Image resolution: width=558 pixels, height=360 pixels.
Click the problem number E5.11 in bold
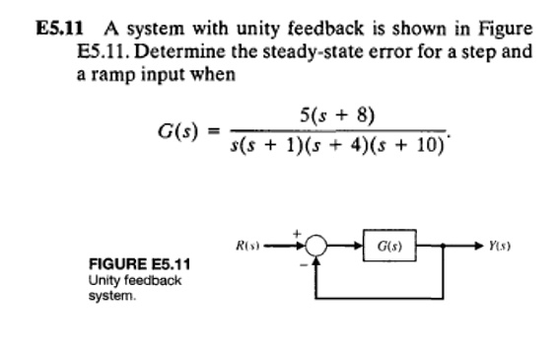click(x=49, y=26)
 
